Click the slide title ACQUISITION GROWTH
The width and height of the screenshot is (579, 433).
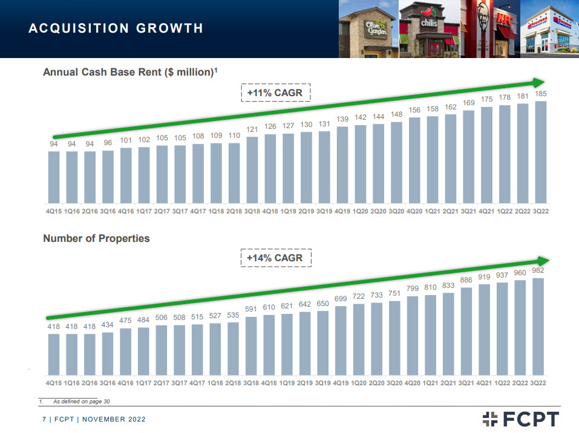[116, 28]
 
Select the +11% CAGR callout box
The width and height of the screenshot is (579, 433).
[275, 93]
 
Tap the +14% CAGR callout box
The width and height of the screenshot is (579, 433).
[275, 258]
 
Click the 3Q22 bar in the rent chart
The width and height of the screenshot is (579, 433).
[540, 152]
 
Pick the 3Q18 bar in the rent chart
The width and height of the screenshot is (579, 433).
[252, 170]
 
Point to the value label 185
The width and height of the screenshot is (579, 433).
[540, 94]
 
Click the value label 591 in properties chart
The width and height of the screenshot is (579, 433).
[252, 309]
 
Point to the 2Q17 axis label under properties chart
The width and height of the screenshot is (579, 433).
[162, 383]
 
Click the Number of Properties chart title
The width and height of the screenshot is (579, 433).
[96, 238]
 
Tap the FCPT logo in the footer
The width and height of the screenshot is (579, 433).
[521, 418]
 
